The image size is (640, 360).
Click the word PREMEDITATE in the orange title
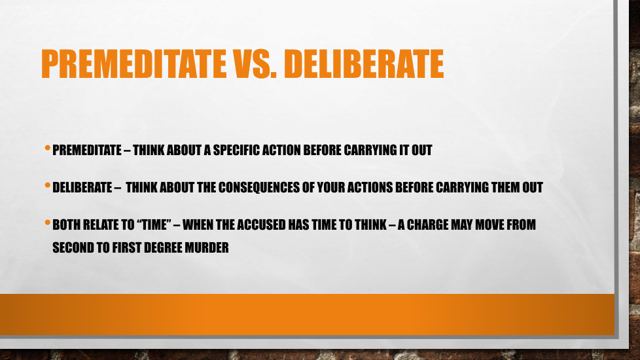pyautogui.click(x=133, y=63)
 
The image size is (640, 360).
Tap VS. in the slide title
pyautogui.click(x=255, y=63)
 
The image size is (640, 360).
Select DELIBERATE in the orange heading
pyautogui.click(x=364, y=63)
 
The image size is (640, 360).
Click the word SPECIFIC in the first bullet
pyautogui.click(x=236, y=150)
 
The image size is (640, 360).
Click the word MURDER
pyautogui.click(x=207, y=247)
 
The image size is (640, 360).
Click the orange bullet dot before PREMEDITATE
pyautogui.click(x=48, y=148)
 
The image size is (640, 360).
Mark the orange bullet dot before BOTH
pyautogui.click(x=48, y=223)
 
